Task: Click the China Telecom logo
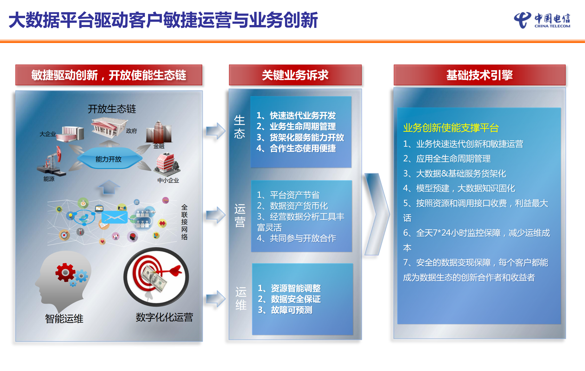tap(542, 20)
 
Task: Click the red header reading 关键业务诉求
tap(295, 75)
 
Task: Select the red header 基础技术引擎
tap(480, 75)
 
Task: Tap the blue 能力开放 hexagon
tap(109, 159)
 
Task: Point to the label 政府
tap(131, 131)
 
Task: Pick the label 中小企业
tap(168, 180)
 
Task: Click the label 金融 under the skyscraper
tap(159, 146)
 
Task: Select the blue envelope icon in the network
tap(114, 217)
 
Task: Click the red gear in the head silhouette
tap(65, 272)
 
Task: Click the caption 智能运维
tap(64, 319)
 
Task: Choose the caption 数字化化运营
tap(164, 317)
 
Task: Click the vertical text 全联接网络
tap(184, 222)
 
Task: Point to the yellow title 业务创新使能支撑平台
tap(451, 128)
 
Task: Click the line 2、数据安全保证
tap(289, 299)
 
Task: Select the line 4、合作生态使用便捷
tap(296, 148)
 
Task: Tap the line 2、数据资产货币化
tap(292, 206)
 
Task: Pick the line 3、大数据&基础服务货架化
tap(454, 174)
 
